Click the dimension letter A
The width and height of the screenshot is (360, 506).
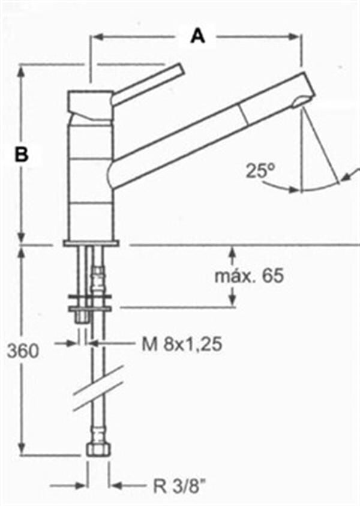(x=198, y=36)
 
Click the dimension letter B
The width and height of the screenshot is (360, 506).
(x=22, y=154)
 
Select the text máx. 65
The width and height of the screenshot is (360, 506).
(x=249, y=276)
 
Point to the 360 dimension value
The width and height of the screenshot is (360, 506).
(x=23, y=351)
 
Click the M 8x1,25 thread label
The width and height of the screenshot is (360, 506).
(x=182, y=344)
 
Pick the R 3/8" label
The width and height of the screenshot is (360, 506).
(x=179, y=486)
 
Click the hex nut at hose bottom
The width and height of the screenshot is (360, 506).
(x=98, y=449)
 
